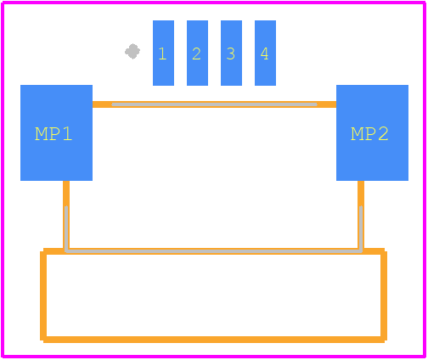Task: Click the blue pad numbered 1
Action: [x=163, y=53]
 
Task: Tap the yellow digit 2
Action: [x=196, y=53]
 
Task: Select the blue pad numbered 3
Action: [x=231, y=53]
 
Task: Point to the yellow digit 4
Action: [x=264, y=53]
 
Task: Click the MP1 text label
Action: [x=53, y=134]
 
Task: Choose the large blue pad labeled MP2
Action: [x=372, y=132]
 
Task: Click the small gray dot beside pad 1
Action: [x=132, y=52]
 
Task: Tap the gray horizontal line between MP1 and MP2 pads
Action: [x=214, y=104]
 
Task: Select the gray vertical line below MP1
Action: [x=66, y=228]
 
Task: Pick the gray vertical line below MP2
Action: [x=361, y=228]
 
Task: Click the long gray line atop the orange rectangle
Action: [x=213, y=251]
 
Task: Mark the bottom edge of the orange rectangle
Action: [x=214, y=340]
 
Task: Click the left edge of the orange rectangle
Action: [x=43, y=295]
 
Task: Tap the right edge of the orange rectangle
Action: [x=384, y=295]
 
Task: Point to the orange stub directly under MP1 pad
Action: [x=66, y=194]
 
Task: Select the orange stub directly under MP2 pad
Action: [x=361, y=194]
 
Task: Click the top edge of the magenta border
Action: [x=214, y=3]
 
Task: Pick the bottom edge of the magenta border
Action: [x=214, y=357]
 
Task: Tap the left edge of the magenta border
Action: [x=3, y=180]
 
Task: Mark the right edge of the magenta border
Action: [x=425, y=180]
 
